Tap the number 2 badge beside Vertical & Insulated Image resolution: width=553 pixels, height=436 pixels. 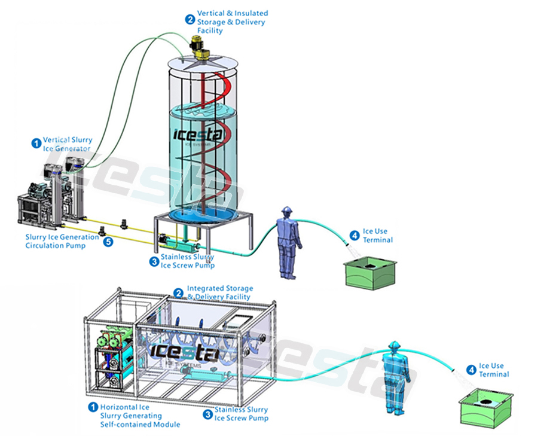190,19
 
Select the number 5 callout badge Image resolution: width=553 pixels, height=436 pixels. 108,242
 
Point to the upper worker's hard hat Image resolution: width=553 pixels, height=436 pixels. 287,211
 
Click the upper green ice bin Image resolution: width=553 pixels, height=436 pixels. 371,273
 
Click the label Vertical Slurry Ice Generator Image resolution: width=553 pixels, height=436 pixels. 67,144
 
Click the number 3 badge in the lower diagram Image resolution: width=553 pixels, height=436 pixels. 207,413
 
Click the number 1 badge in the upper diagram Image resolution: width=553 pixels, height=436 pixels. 36,144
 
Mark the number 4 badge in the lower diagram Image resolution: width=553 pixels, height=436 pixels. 472,370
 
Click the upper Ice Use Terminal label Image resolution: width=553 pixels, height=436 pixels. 378,236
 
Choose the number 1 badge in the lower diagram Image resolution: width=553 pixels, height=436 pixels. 93,407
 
